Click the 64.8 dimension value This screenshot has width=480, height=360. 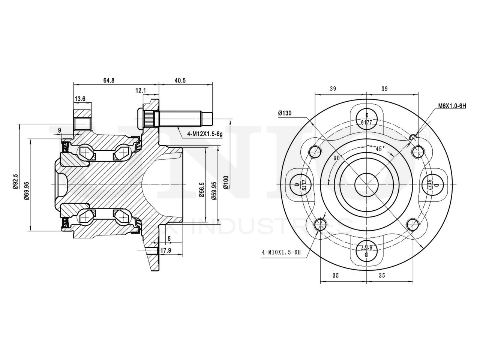[109, 80]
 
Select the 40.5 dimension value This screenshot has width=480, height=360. [180, 80]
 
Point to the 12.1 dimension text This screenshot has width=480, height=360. [141, 90]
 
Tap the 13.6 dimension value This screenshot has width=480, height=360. [80, 99]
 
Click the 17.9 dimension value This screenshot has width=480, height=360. [166, 250]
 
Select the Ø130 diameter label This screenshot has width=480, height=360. [285, 113]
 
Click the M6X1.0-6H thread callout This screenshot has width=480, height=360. [452, 106]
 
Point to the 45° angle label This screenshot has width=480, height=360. [380, 149]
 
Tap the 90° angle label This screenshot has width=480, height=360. [338, 158]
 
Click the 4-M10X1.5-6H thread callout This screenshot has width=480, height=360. [281, 252]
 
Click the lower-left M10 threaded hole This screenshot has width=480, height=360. [319, 225]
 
